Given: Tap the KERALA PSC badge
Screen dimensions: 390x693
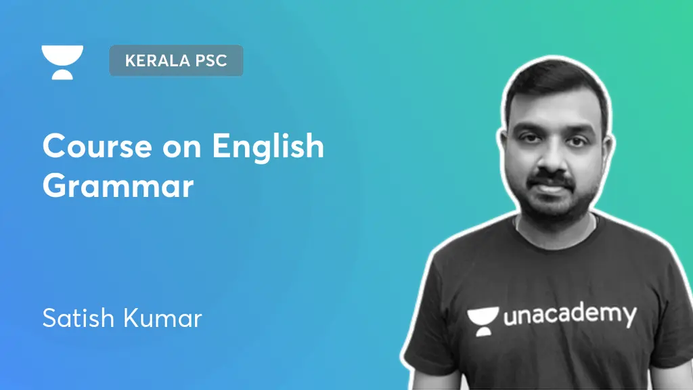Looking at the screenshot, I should (176, 60).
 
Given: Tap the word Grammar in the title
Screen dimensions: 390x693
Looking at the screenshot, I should (118, 186).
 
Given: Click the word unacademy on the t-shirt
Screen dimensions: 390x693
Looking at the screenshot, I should (570, 315).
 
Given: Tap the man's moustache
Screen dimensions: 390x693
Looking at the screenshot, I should (551, 177).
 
